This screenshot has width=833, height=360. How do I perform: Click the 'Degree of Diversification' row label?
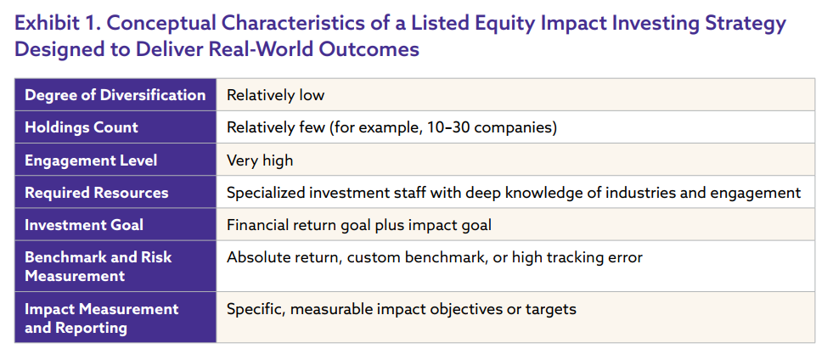[115, 95]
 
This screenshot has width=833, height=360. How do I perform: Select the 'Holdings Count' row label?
[82, 127]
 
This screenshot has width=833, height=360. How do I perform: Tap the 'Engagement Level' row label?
[91, 160]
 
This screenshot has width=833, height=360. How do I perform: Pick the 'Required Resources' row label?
[97, 193]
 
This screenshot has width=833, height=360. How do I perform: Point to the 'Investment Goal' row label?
[84, 225]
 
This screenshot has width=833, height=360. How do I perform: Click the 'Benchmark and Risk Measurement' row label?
[98, 267]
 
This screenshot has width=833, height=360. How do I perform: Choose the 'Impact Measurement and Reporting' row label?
[101, 318]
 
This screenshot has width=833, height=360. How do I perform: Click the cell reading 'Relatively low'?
[275, 95]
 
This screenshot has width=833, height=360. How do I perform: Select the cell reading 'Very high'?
[260, 160]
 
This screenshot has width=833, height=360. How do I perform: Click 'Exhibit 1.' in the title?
[58, 24]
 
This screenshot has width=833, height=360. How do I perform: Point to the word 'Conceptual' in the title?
[161, 24]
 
